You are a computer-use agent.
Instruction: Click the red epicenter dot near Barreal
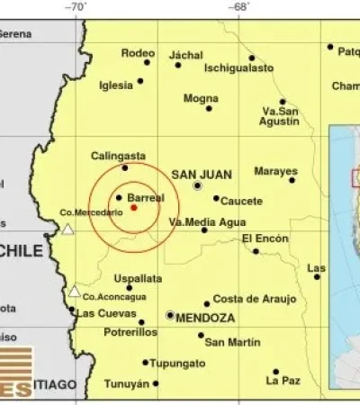(x=134, y=207)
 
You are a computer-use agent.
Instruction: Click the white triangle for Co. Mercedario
(x=67, y=229)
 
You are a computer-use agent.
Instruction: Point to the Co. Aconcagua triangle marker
(x=74, y=291)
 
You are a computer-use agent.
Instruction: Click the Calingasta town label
(x=117, y=156)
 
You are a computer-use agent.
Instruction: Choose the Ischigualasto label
(x=238, y=67)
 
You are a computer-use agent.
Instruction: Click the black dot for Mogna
(x=209, y=108)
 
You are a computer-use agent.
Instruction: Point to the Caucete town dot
(x=216, y=198)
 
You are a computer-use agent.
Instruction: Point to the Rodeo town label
(x=138, y=53)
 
